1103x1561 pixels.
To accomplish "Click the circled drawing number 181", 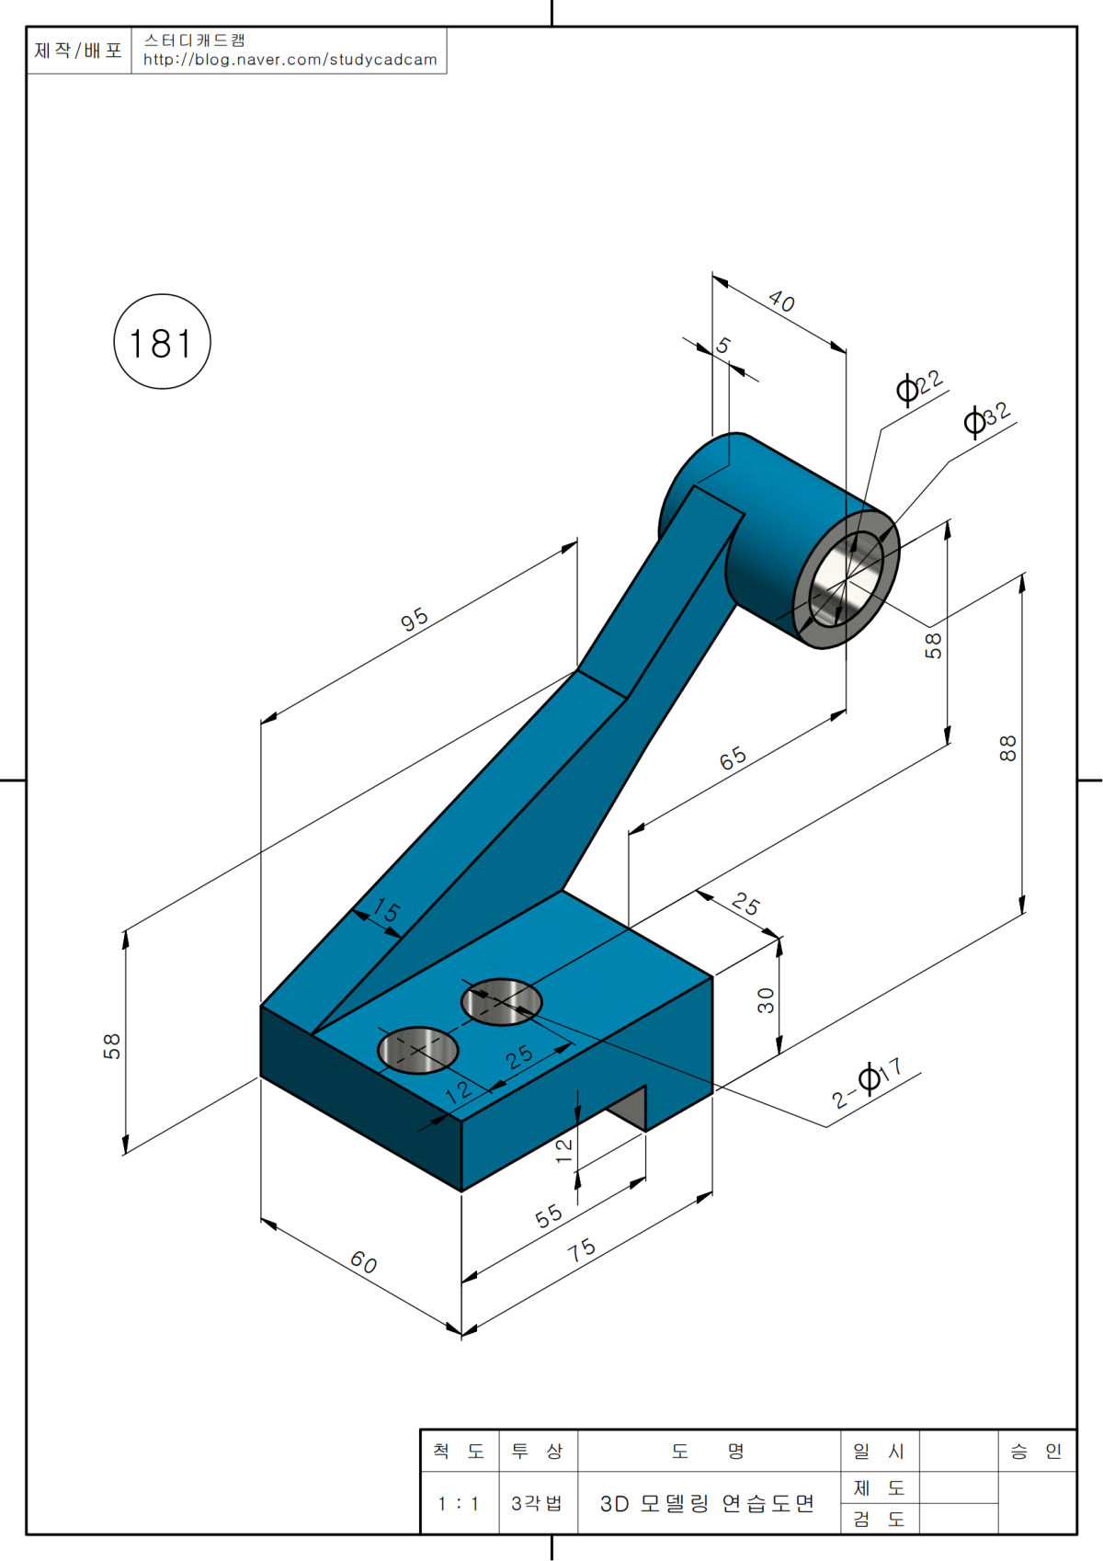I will pos(162,343).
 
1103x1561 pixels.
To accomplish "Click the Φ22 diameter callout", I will pos(920,386).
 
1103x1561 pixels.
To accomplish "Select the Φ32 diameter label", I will pos(987,418).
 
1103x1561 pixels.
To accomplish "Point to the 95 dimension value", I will pos(415,619).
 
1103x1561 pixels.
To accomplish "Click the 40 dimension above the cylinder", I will pos(781,301).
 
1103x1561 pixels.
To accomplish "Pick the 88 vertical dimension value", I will pos(1008,748).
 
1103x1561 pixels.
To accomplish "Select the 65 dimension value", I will pos(733,758).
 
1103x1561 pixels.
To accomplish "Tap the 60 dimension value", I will pos(364,1262).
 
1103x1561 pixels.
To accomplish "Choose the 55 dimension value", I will pos(549,1216).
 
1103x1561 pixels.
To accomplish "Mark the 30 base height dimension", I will pos(766,1000).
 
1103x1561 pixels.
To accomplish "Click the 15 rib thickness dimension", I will pos(387,911).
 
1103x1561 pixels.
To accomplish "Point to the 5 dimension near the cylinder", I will pos(724,346).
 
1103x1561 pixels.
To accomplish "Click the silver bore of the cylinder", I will pos(845,581).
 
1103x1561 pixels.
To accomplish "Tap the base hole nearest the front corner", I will pos(418,1050).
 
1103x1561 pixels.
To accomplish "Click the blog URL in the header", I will pos(290,60).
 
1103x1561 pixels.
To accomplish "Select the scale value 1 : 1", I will pos(459,1504).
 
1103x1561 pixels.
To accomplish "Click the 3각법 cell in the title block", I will pos(537,1504).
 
